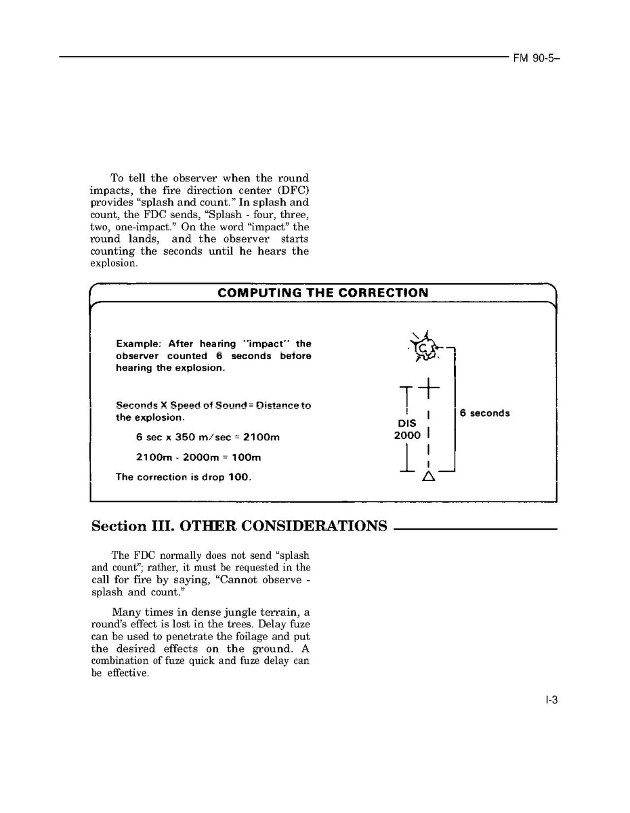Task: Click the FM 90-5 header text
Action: click(535, 58)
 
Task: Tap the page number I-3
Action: click(551, 701)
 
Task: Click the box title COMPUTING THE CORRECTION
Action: click(322, 293)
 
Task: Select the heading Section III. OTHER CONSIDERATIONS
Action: click(239, 526)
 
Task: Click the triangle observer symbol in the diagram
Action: click(428, 476)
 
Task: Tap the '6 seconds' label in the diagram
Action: click(484, 413)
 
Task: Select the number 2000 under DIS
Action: click(407, 436)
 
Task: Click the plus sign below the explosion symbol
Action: click(428, 388)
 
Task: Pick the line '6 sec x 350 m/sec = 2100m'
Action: click(207, 438)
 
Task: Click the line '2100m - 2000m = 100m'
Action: click(198, 457)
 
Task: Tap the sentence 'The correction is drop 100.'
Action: click(183, 477)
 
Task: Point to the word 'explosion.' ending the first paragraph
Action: click(114, 263)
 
